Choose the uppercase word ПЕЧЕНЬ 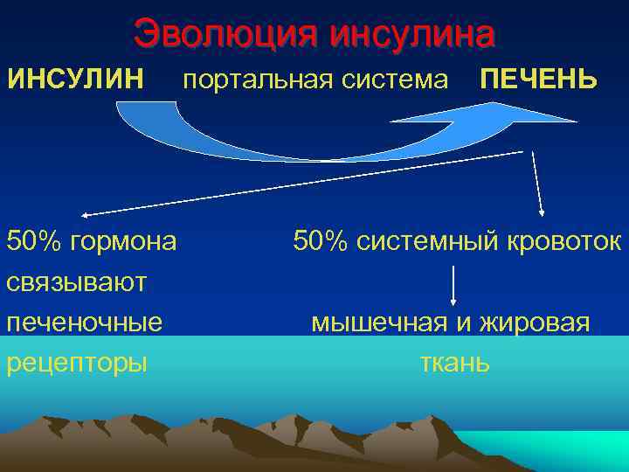[x=539, y=80]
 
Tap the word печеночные [x=85, y=323]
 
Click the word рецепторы [x=77, y=363]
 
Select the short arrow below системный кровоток [x=454, y=284]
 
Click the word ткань [x=454, y=363]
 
